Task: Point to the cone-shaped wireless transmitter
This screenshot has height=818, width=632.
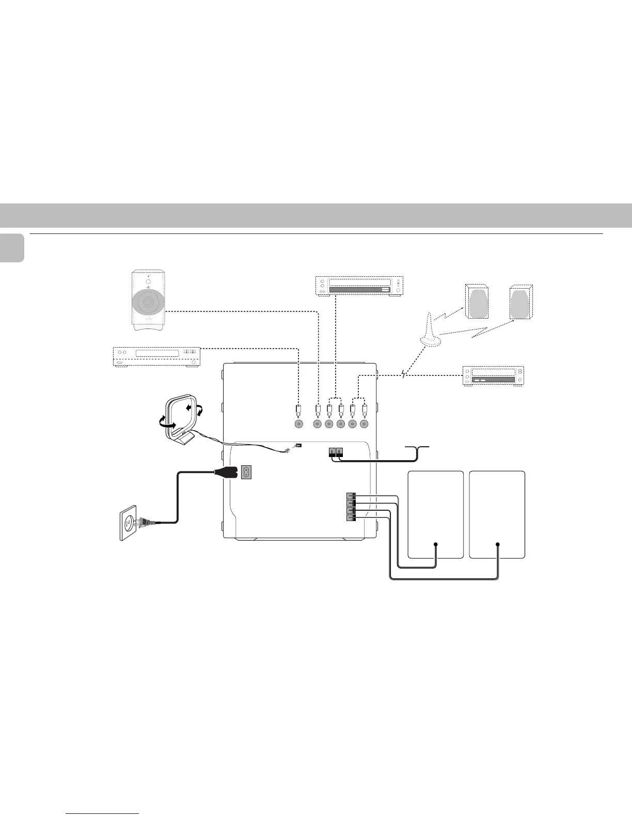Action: [x=431, y=330]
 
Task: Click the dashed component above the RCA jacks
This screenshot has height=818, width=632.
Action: [x=359, y=286]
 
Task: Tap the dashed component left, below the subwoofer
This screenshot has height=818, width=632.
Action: [x=156, y=356]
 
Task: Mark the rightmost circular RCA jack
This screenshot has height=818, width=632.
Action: [x=365, y=424]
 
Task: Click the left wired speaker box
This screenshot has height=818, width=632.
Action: [x=435, y=514]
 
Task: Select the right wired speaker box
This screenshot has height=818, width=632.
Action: [x=497, y=514]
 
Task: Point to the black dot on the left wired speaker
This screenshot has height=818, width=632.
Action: [x=436, y=544]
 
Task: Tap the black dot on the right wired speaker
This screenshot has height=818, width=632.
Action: [x=498, y=544]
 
